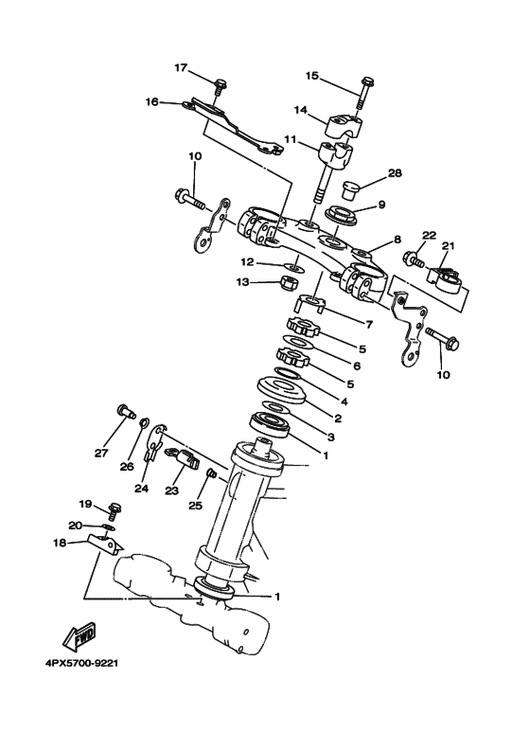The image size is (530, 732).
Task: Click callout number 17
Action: [x=182, y=67]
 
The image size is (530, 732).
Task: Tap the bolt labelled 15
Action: [x=362, y=94]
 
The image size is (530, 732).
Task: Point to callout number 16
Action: [x=151, y=102]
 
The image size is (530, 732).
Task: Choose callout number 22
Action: [x=429, y=235]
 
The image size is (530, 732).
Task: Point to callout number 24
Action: [x=140, y=489]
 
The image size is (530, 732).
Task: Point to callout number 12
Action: [x=246, y=261]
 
